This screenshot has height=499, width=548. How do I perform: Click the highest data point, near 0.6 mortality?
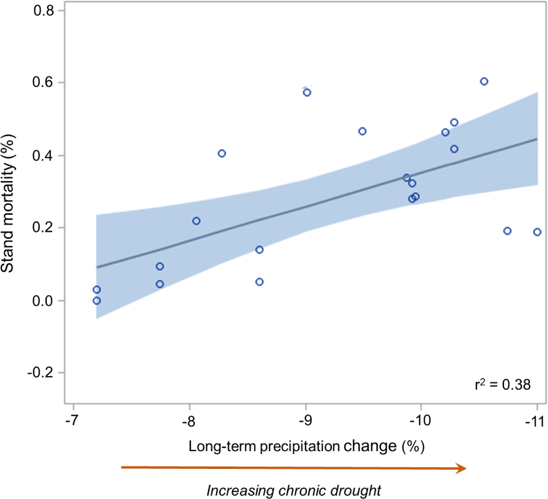pos(484,81)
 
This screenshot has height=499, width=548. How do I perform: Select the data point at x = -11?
pos(537,232)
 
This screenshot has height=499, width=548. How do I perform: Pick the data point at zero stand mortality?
pos(97,301)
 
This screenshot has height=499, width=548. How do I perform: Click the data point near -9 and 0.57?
pos(307,92)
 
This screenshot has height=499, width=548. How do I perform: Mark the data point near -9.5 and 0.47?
pos(363,131)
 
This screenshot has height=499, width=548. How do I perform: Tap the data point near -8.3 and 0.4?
pos(222,153)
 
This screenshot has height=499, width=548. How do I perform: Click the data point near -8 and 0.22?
pos(197,221)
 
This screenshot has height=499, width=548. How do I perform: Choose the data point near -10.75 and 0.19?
pos(507,231)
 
